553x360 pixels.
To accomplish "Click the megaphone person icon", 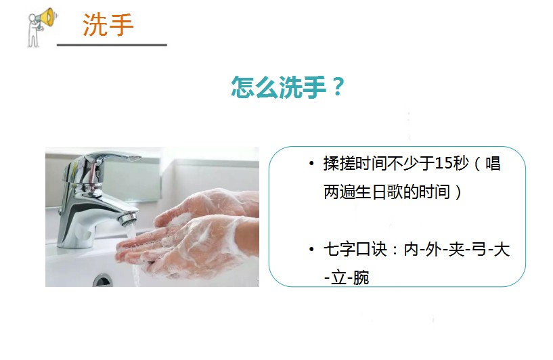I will point(39,26).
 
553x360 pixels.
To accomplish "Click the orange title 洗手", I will point(108,25).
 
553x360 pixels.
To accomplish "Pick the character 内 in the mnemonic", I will point(412,250).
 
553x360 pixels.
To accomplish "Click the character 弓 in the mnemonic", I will point(479,250).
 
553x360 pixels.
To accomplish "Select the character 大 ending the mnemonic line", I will point(502,250).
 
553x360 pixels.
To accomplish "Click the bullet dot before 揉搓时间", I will point(311,164).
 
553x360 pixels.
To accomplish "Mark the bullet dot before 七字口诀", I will point(311,251).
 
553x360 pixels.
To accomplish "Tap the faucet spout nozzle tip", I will point(127,220).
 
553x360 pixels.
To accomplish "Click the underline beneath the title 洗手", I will point(112,45).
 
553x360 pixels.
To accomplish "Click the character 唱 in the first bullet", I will point(493,164).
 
